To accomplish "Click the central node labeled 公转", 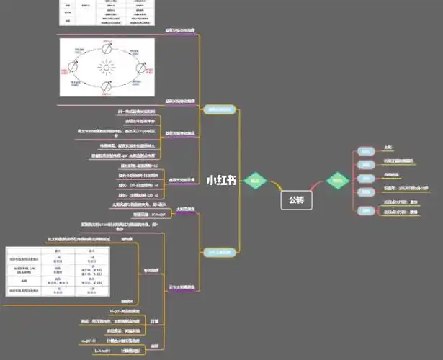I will click(x=297, y=199).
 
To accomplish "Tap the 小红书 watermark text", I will click(x=221, y=181).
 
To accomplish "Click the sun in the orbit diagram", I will click(x=107, y=68).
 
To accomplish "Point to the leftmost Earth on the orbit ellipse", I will click(x=72, y=66).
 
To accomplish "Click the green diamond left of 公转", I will click(x=254, y=181).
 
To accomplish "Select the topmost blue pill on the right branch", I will click(x=365, y=151).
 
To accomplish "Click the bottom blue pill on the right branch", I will click(x=366, y=210).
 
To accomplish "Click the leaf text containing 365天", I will click(x=408, y=187).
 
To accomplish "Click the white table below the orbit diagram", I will click(x=57, y=271).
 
